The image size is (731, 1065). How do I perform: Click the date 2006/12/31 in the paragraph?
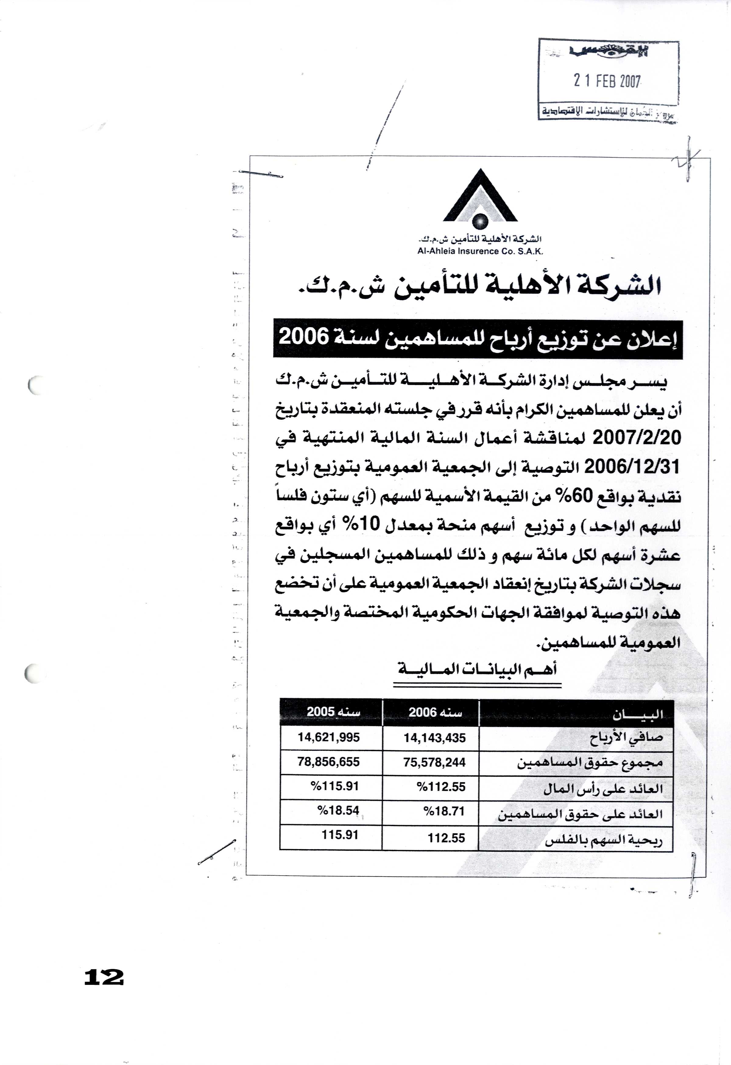click(634, 467)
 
